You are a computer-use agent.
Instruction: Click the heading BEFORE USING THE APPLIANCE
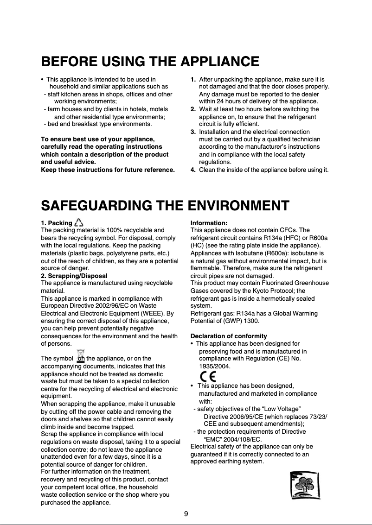pyautogui.click(x=150, y=62)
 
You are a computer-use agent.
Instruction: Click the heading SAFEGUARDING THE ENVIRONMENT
pyautogui.click(x=165, y=205)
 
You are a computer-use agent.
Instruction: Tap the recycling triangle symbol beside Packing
pyautogui.click(x=79, y=223)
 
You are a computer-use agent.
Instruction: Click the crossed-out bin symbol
pyautogui.click(x=81, y=355)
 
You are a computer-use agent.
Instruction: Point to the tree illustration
pyautogui.click(x=304, y=485)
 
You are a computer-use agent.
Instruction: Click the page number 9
pyautogui.click(x=186, y=514)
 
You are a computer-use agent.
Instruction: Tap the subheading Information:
pyautogui.click(x=209, y=223)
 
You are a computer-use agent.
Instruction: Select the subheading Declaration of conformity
pyautogui.click(x=229, y=336)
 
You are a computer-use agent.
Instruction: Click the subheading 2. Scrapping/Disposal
pyautogui.click(x=74, y=276)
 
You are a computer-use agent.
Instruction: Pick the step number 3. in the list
pyautogui.click(x=193, y=132)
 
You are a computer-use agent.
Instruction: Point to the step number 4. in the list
pyautogui.click(x=193, y=170)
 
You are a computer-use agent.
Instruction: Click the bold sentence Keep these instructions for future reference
pyautogui.click(x=108, y=170)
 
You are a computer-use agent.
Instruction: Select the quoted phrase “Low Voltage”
pyautogui.click(x=277, y=409)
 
